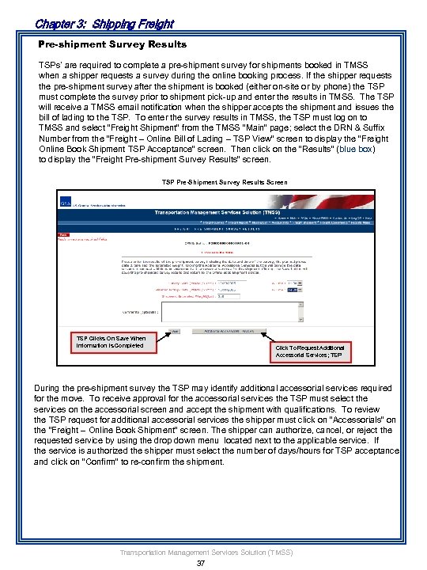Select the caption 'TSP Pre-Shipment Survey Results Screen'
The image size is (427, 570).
213,181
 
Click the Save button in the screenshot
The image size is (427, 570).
175,331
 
